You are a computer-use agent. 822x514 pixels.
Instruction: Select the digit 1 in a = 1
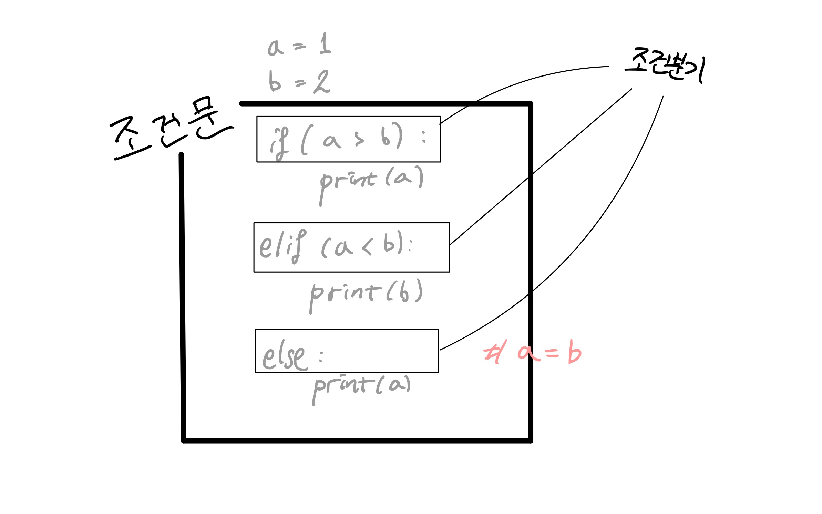325,43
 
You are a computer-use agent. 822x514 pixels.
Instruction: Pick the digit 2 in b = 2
322,82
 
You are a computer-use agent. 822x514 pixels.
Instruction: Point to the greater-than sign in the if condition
359,139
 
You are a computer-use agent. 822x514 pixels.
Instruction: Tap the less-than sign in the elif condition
367,247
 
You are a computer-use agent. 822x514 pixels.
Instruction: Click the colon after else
321,356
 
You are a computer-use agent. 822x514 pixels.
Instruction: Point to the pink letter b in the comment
574,352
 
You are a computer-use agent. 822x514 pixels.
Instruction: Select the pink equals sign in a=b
552,353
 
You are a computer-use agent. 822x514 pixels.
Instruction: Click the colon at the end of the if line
424,137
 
